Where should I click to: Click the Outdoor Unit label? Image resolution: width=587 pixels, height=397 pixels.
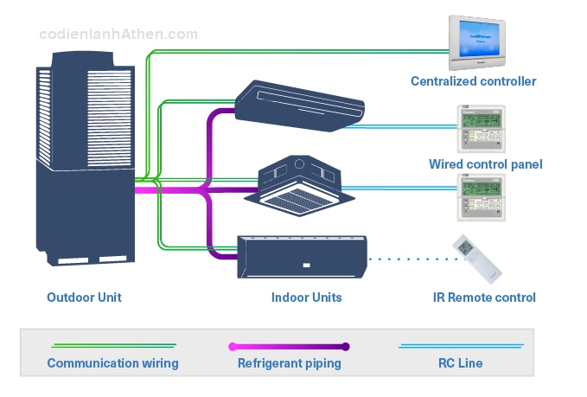[x=84, y=298]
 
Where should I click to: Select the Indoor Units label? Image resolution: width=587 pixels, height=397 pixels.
[x=306, y=298]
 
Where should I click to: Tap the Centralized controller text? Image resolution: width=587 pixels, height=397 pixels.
[x=473, y=81]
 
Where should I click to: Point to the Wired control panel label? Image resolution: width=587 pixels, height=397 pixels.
[x=485, y=164]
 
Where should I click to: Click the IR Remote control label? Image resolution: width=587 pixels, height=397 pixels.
[x=484, y=298]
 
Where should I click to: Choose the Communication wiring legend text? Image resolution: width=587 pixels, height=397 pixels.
[x=112, y=363]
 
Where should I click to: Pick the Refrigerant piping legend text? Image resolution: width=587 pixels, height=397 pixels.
[x=289, y=363]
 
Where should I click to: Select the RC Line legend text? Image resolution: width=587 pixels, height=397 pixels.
[x=460, y=363]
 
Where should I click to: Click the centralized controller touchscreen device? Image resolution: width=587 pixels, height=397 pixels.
[x=476, y=42]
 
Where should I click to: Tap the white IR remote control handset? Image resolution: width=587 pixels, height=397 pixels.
[x=477, y=258]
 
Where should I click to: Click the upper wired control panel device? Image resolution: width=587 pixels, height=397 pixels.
[x=481, y=129]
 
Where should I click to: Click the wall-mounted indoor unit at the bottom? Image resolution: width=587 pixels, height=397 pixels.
[x=302, y=255]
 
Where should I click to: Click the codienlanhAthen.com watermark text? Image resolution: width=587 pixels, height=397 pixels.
[x=118, y=35]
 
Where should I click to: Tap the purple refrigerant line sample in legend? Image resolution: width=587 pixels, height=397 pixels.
[x=289, y=346]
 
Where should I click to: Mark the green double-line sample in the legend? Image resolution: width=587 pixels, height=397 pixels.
[x=112, y=345]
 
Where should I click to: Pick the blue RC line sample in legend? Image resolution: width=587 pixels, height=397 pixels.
[x=460, y=346]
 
